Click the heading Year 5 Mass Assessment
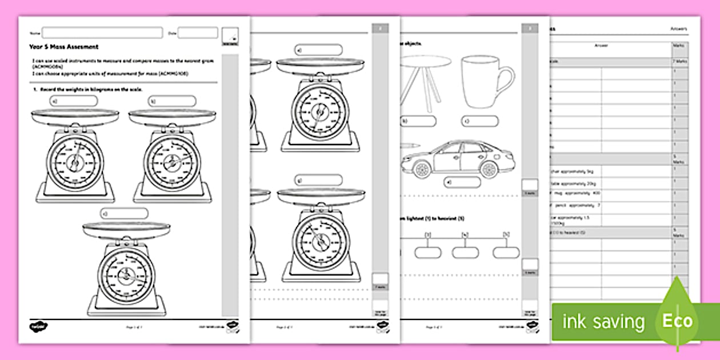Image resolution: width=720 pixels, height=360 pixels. pos(64,47)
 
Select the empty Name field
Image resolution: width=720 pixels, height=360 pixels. pos(102,33)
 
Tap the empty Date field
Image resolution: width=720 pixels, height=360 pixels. pos(197,33)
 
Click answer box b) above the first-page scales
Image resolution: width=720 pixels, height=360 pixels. pos(171,101)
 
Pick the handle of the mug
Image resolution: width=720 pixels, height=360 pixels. pos(506,81)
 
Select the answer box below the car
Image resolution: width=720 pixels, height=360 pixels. pos(463,182)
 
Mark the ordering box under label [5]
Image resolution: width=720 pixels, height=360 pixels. pos(506,252)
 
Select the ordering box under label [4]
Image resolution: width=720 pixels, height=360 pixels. pos(465,252)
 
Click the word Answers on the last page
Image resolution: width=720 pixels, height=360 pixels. pos(679,29)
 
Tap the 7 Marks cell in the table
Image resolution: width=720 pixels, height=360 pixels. pos(680,61)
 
